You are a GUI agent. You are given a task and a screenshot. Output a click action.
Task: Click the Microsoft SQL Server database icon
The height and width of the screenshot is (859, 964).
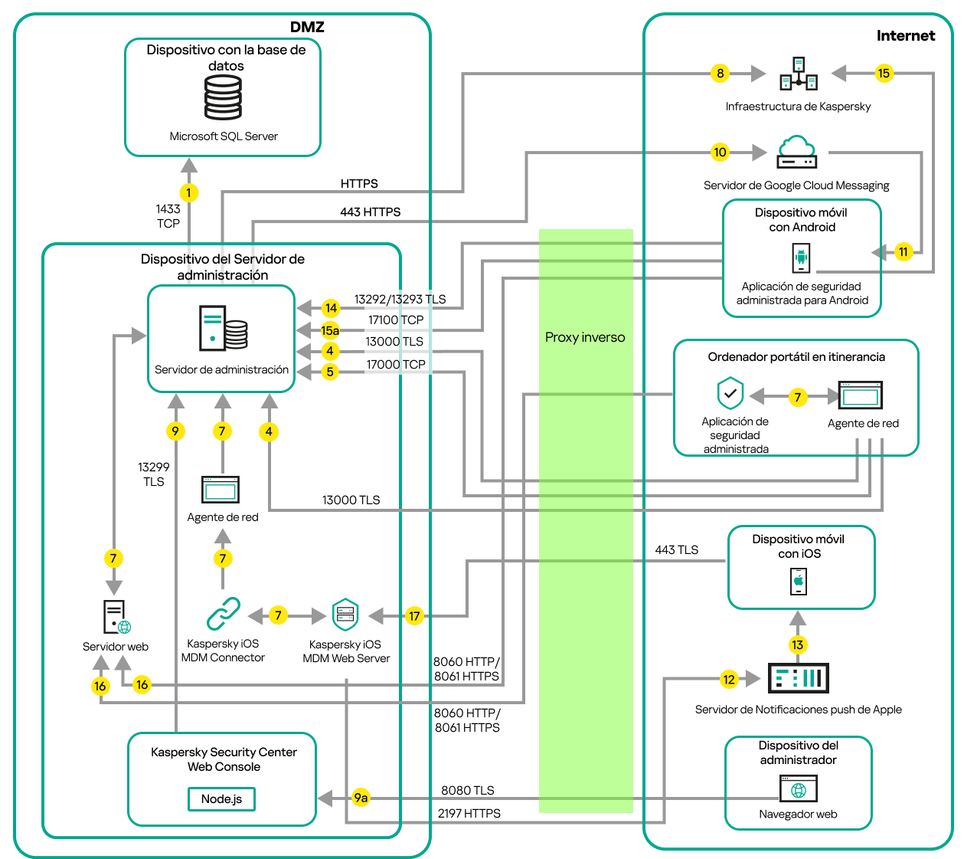(x=223, y=97)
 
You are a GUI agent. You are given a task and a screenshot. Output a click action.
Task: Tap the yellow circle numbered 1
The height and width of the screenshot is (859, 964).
(x=188, y=192)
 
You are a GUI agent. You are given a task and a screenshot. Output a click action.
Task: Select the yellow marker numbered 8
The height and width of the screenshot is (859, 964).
(x=720, y=74)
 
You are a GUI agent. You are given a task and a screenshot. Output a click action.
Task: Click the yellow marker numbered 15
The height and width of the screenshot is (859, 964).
(x=884, y=74)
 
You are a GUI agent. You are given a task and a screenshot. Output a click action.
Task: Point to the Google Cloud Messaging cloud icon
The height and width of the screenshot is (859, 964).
(x=796, y=152)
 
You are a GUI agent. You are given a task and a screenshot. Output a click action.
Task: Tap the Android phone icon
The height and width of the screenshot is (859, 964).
(x=801, y=257)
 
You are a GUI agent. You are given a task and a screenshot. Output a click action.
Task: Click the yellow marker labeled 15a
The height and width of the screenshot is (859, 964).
(x=330, y=330)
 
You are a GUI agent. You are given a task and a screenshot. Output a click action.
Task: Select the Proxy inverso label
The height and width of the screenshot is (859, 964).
(x=585, y=337)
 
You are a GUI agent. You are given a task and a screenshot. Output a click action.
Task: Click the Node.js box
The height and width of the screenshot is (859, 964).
(x=221, y=799)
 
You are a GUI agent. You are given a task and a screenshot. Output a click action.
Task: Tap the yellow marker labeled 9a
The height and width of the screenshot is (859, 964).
(x=361, y=798)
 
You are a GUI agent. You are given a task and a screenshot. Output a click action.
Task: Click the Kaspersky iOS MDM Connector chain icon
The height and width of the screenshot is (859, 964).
(x=223, y=614)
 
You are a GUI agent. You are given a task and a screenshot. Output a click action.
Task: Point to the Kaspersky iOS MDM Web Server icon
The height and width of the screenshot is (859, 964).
(x=345, y=615)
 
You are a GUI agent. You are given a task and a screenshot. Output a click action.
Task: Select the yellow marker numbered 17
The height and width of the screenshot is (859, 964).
(x=414, y=615)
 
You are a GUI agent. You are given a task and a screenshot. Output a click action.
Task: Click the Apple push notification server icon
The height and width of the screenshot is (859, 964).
(x=798, y=678)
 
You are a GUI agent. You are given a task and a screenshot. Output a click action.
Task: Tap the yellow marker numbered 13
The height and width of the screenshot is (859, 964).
(x=798, y=644)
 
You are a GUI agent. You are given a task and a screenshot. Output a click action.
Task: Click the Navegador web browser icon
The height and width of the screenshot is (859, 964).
(x=799, y=789)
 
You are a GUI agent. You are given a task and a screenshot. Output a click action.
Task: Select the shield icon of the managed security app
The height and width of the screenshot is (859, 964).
(x=730, y=394)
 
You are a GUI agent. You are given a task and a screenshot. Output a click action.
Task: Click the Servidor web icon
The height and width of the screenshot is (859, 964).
(x=116, y=617)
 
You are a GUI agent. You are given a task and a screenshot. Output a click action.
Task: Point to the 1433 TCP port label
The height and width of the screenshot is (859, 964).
(x=168, y=216)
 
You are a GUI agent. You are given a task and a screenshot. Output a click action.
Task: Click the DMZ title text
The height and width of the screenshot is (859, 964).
(x=307, y=27)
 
